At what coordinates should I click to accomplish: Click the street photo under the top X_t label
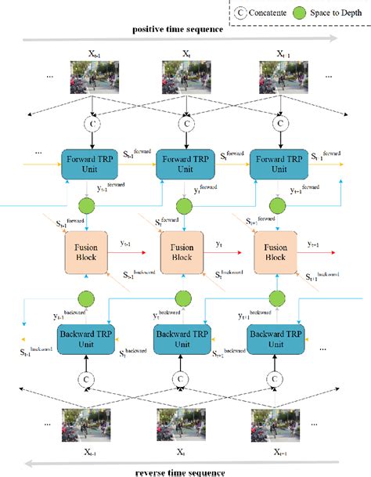[185, 79]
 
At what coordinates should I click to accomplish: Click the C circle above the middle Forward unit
[185, 123]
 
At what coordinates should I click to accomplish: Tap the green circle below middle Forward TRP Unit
[185, 207]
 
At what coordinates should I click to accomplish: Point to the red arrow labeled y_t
[223, 254]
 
